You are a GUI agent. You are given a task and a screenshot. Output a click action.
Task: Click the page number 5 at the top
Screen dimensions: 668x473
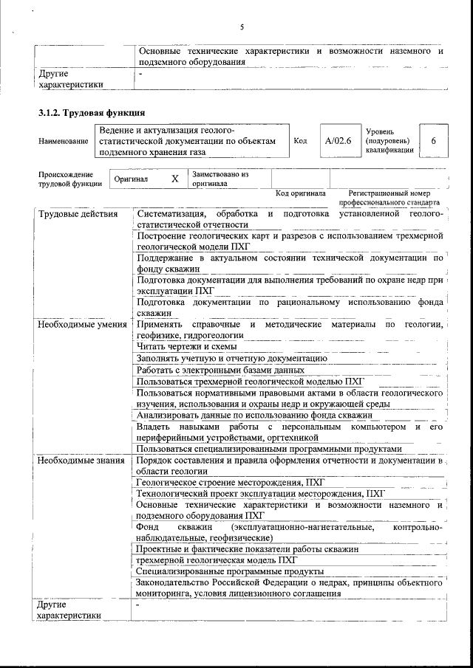pos(242,27)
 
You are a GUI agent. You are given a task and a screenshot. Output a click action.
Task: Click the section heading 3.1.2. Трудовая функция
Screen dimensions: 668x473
pos(91,113)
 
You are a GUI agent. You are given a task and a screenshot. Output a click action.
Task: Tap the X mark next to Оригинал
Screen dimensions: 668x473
pos(174,179)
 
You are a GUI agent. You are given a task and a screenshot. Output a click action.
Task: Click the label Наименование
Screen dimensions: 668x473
pos(62,140)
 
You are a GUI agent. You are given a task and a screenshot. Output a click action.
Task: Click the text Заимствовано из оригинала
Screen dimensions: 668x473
pos(220,179)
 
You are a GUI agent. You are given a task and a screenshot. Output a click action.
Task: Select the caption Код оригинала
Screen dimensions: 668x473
pos(300,193)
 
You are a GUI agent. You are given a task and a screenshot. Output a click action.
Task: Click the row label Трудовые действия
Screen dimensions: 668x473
pos(78,215)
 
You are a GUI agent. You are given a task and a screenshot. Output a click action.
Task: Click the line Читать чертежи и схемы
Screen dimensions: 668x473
pos(186,346)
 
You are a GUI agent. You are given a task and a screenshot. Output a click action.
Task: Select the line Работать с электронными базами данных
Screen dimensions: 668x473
pos(220,369)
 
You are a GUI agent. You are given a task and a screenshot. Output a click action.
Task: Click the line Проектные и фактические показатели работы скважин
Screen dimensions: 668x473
pos(248,549)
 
